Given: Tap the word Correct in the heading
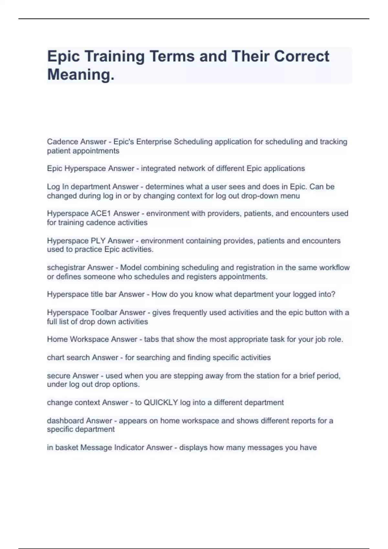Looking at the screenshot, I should (302, 57).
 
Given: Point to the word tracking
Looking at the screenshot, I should (333, 142).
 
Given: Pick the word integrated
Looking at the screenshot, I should (156, 169).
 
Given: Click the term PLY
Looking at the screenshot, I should (98, 241).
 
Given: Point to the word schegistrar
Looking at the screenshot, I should (66, 268).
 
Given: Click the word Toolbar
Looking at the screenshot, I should (109, 313).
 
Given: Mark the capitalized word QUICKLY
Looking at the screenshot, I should (161, 403).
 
